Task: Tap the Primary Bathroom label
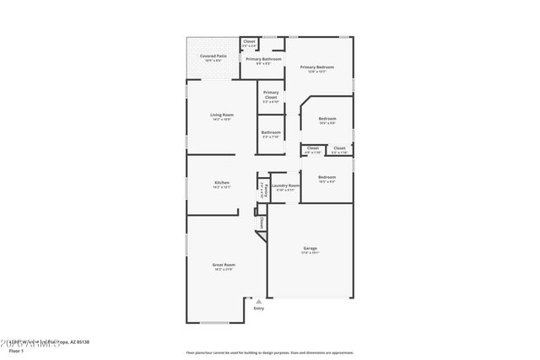264,58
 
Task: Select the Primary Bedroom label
317,67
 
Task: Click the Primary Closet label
271,94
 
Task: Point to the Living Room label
222,115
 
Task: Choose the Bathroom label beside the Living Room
271,132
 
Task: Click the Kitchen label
222,182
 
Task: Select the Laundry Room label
285,185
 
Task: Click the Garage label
310,248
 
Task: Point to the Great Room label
224,265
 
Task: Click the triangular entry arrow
259,299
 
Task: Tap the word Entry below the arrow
259,308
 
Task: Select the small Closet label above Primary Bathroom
249,41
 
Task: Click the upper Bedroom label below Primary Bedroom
327,119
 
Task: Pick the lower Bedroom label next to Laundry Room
327,177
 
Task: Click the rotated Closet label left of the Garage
262,223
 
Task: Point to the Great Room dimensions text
224,270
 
